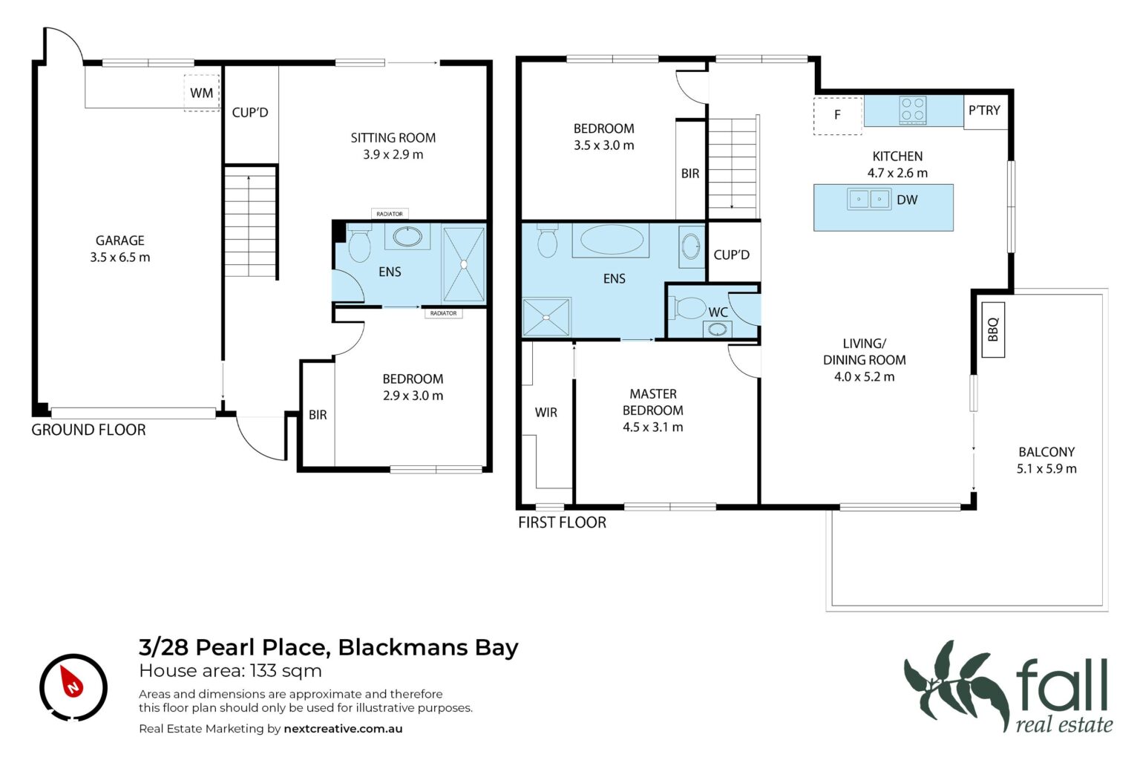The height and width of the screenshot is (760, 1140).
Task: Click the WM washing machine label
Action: coord(202,94)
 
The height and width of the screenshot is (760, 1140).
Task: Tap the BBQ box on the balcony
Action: coord(993,330)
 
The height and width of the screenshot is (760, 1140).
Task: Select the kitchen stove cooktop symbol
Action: coord(912,111)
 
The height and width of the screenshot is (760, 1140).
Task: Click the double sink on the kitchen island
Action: coord(869,199)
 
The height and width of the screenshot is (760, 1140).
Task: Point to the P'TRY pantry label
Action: coord(984,111)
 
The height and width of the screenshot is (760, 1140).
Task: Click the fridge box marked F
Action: coord(838,116)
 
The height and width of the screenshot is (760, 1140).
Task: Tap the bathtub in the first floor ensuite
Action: coord(611,240)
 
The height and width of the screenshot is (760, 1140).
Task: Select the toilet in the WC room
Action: coord(690,308)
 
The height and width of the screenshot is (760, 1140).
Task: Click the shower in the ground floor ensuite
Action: coord(464,265)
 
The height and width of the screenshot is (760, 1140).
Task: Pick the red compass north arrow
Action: coord(73,682)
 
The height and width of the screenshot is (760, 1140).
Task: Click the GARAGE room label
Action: coord(120,240)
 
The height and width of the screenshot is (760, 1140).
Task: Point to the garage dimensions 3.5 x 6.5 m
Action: coord(120,258)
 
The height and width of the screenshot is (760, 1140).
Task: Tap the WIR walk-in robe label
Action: coord(546,413)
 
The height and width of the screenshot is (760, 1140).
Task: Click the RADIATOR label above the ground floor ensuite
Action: coord(390,214)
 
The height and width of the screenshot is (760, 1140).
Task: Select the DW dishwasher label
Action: coord(907,200)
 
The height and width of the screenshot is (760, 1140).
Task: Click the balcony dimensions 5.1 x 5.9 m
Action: coord(1046,469)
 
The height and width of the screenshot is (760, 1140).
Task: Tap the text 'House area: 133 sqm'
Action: coord(231,671)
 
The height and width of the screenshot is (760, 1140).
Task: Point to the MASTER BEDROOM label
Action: coord(653,402)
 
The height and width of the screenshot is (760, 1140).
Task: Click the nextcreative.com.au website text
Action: coord(343,728)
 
